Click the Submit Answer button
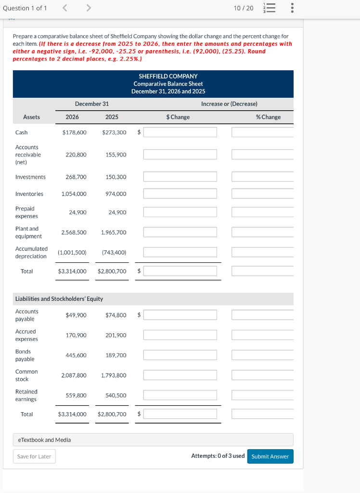point(270,456)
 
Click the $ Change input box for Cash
point(180,132)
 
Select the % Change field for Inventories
point(262,194)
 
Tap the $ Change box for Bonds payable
point(180,355)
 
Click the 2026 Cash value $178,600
point(75,132)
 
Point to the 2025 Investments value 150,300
point(116,177)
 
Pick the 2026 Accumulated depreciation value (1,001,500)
point(72,252)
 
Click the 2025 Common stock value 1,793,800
point(114,376)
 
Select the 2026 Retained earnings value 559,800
point(76,395)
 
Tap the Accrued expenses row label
point(26,335)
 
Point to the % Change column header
point(268,117)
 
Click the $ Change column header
point(178,117)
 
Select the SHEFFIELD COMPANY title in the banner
point(168,76)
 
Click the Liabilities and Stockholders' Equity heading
point(59,299)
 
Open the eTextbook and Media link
point(44,440)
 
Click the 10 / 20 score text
point(243,9)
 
